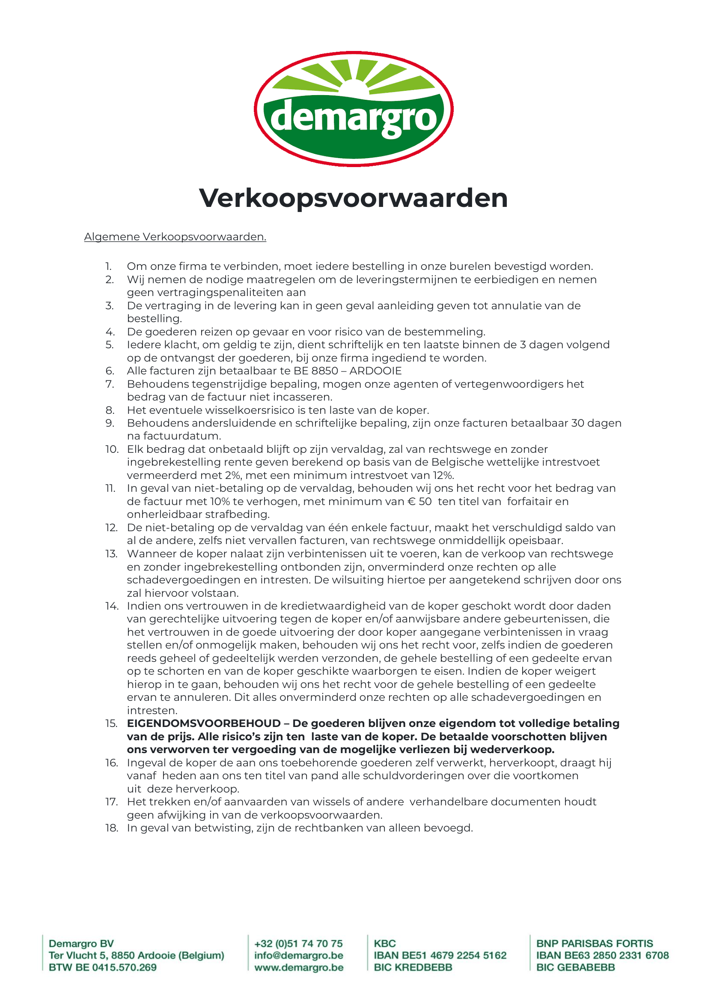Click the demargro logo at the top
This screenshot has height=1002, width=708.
(x=354, y=109)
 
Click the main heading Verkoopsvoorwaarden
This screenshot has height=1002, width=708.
(x=354, y=198)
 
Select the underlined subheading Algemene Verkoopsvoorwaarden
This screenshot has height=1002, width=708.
(x=175, y=237)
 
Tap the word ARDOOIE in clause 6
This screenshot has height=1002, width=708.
(x=375, y=371)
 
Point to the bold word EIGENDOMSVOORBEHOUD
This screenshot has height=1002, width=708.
(x=204, y=724)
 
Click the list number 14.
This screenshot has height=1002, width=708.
(x=112, y=606)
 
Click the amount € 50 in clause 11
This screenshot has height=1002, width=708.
(x=419, y=502)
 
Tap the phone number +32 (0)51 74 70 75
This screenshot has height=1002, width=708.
(x=299, y=943)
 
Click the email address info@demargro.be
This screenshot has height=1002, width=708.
(x=299, y=955)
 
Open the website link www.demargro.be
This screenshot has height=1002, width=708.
(x=299, y=968)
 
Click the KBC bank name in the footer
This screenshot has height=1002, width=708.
(x=385, y=943)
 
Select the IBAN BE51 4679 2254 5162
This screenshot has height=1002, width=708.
(x=440, y=955)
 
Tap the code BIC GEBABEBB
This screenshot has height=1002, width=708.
(x=575, y=968)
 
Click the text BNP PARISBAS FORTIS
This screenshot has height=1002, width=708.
(x=595, y=943)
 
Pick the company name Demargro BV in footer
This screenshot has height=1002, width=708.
(x=81, y=943)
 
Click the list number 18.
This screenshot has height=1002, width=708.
(x=112, y=829)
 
